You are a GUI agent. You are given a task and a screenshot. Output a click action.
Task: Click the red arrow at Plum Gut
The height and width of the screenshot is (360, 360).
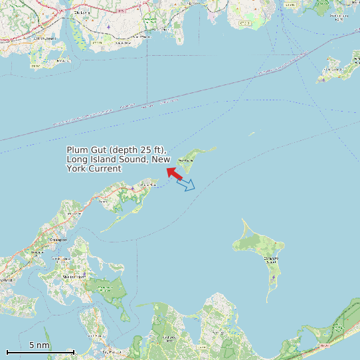click(x=175, y=173)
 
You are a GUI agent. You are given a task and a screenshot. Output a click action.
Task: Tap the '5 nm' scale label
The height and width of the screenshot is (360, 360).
click(x=39, y=345)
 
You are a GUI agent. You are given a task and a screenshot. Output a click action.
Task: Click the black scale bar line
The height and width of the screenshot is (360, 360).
click(x=40, y=351)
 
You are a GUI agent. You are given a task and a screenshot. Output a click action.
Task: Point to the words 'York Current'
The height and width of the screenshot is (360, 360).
click(x=94, y=169)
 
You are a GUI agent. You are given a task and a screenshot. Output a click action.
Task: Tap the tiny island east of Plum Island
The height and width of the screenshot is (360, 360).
click(x=251, y=134)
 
